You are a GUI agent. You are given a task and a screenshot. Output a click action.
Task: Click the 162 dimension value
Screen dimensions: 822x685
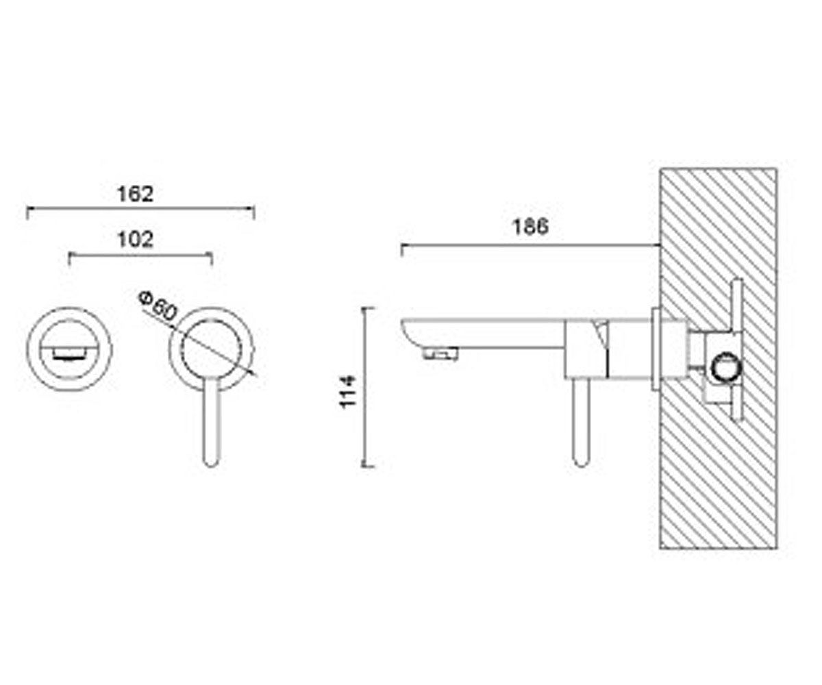tap(135, 194)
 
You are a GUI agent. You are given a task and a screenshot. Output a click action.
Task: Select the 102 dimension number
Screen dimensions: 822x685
tap(135, 240)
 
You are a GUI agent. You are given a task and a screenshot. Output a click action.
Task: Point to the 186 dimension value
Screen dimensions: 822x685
tap(530, 227)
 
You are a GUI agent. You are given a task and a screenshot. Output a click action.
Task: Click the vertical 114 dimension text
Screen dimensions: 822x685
tap(347, 392)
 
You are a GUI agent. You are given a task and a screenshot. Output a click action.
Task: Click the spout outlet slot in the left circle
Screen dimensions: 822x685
tap(69, 356)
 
